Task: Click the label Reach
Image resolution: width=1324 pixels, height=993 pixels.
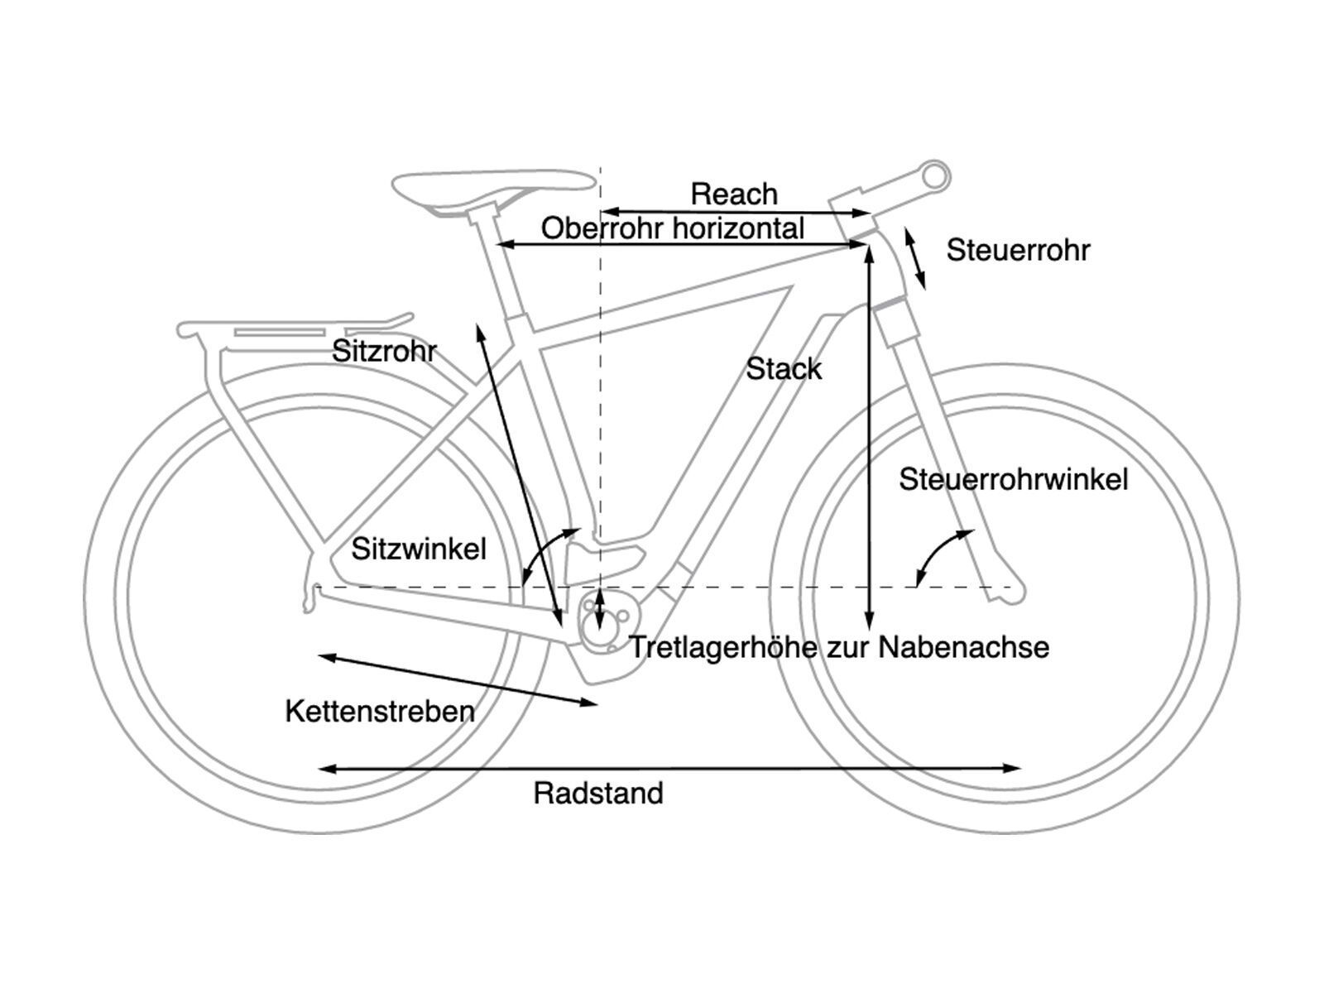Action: (x=734, y=194)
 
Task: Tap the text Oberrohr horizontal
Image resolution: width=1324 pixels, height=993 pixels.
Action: (x=672, y=228)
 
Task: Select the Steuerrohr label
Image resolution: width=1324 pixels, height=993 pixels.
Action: (x=1018, y=250)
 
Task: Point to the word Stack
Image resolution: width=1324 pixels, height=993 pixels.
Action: (x=784, y=369)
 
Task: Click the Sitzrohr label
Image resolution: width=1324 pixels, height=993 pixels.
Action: (x=384, y=351)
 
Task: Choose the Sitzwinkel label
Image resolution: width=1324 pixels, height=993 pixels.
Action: (x=419, y=549)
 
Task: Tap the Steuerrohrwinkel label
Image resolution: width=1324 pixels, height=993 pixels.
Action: (x=1014, y=479)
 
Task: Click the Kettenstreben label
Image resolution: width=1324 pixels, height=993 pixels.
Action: (x=380, y=711)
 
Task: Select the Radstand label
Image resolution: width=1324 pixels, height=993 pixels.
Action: (x=598, y=794)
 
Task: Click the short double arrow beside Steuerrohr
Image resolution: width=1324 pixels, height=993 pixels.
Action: (x=914, y=259)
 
